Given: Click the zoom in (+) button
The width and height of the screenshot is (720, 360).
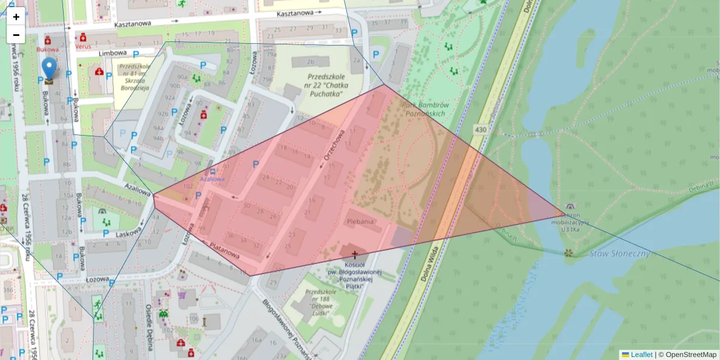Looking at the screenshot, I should point(16,17).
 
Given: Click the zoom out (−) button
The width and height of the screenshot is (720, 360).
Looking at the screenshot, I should point(16,35).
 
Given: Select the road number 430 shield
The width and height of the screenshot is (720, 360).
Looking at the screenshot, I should point(480,129).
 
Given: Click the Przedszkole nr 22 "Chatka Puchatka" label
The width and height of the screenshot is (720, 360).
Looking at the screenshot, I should point(325,85).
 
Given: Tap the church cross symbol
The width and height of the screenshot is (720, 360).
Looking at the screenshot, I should point(355,254).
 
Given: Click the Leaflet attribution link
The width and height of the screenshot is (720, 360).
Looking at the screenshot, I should point(641,355).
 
